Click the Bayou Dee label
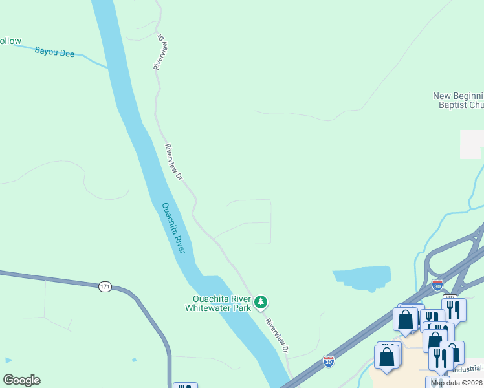[54, 52]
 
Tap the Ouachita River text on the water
[173, 228]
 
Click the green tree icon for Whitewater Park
[261, 301]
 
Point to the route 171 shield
[105, 286]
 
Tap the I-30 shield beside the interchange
[438, 285]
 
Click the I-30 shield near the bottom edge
[329, 362]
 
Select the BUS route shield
[450, 298]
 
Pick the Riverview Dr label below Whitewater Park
[276, 335]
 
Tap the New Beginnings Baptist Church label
[458, 100]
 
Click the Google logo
[21, 380]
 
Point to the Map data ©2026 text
[457, 383]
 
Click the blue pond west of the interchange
[362, 278]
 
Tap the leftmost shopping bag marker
[386, 356]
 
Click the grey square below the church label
[470, 144]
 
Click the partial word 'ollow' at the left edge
[10, 41]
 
